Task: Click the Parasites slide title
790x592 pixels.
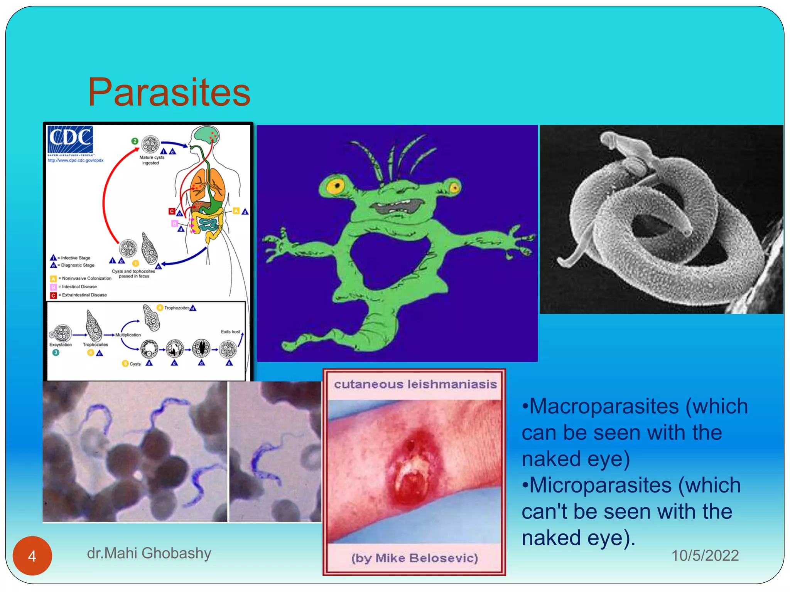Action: tap(169, 92)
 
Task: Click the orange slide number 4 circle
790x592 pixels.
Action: tap(32, 556)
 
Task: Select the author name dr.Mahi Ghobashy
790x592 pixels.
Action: tap(149, 553)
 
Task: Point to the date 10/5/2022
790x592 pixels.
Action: tap(705, 555)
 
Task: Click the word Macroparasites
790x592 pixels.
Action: tap(604, 406)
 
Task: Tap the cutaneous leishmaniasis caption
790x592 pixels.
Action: tap(415, 384)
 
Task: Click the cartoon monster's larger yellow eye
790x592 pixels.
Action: tap(335, 186)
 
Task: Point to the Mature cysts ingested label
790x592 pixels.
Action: tap(152, 160)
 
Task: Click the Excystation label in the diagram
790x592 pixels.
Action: tap(61, 345)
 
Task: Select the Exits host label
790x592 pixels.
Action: tap(230, 331)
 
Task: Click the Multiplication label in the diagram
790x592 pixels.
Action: tap(128, 335)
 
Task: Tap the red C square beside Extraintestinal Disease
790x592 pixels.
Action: tap(54, 295)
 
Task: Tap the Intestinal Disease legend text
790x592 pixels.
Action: tap(79, 287)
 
